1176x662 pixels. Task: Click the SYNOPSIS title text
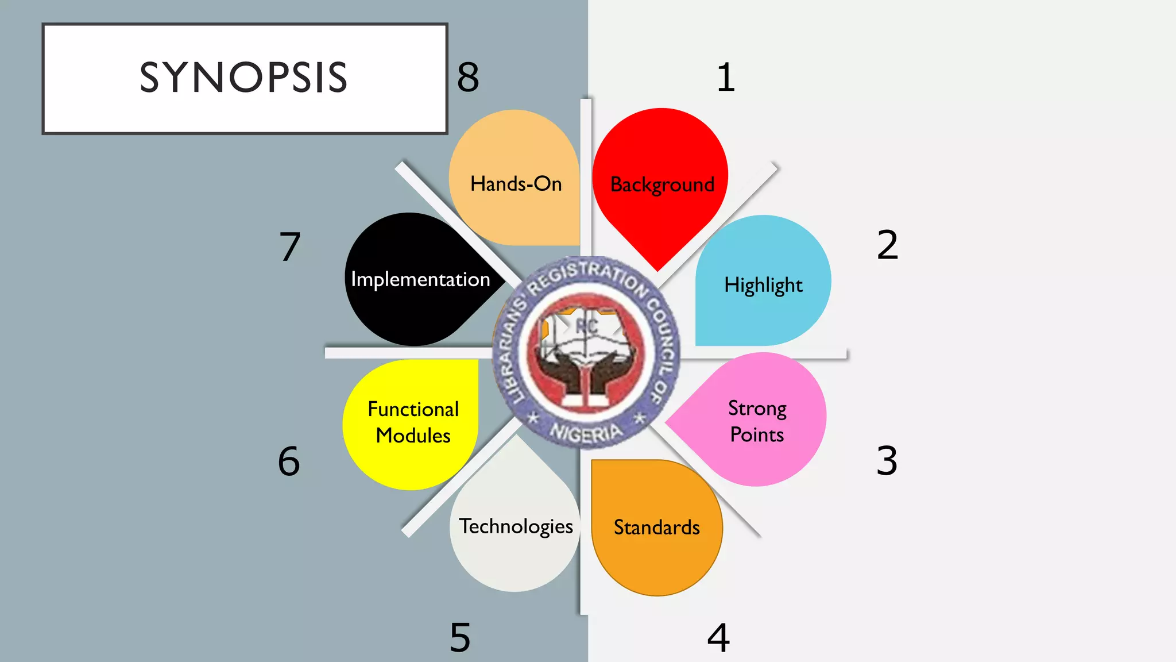coord(243,78)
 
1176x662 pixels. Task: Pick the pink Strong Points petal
coord(757,421)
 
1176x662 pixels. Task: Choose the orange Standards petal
coord(656,527)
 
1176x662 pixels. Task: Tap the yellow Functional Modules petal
coord(412,422)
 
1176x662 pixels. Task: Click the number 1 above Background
coord(726,78)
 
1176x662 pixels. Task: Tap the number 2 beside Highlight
coord(887,245)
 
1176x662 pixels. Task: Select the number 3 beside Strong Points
coord(887,461)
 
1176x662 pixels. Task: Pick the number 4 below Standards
coord(718,638)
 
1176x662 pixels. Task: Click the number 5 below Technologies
coord(460,638)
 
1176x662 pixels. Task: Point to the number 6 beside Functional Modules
coord(289,461)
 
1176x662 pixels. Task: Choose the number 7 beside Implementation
coord(290,247)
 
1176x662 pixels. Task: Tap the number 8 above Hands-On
coord(468,78)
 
